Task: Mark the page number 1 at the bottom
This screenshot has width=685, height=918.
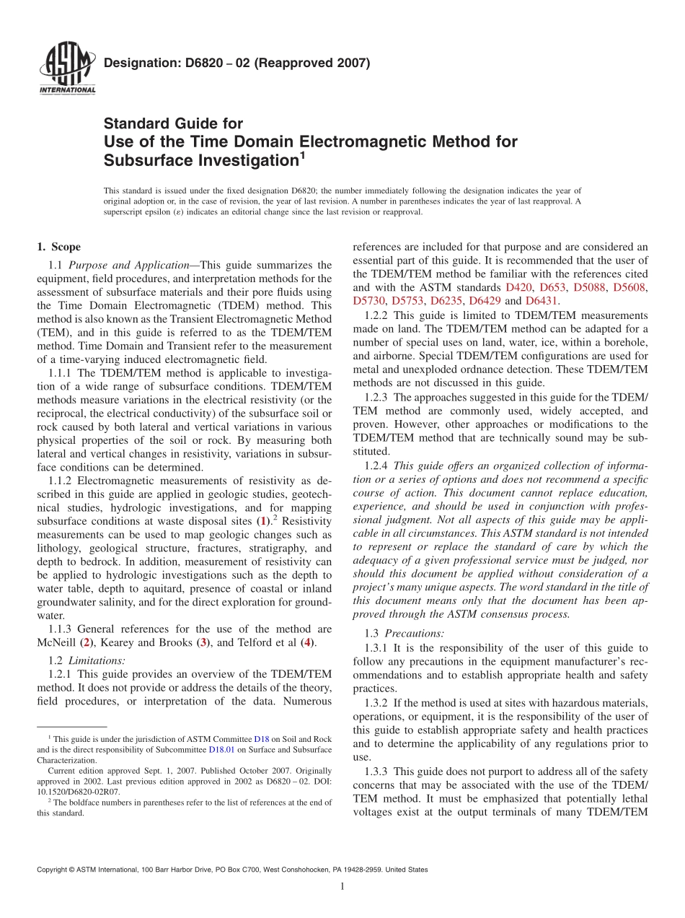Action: [342, 887]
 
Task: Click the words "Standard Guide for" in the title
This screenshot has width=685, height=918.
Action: [173, 123]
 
